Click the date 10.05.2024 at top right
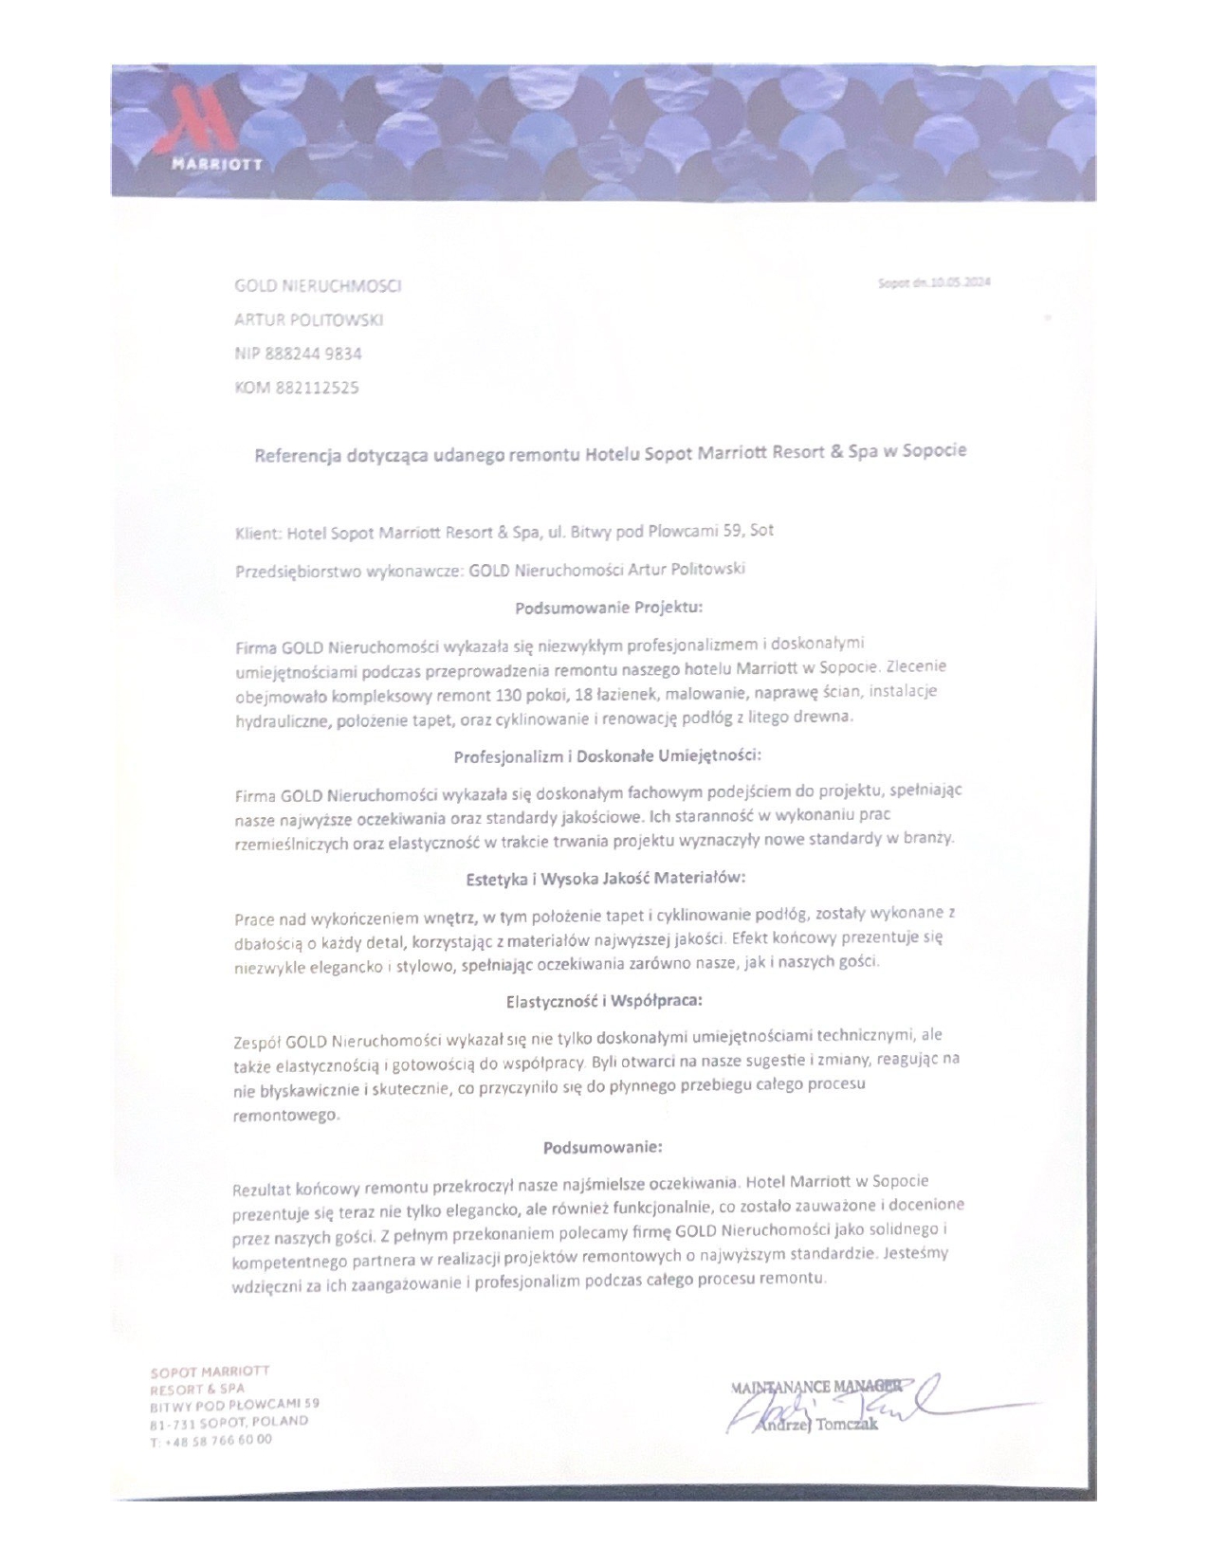[960, 282]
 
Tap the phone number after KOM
[317, 388]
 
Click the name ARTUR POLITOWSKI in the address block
[308, 319]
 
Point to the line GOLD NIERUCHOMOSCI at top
[318, 285]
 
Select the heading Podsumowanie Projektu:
[608, 607]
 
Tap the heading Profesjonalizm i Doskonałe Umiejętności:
[608, 756]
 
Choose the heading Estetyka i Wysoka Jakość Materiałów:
[606, 878]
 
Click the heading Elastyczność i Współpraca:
[604, 1000]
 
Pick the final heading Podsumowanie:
[603, 1148]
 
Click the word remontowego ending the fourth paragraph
[284, 1116]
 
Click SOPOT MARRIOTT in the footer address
[210, 1371]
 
